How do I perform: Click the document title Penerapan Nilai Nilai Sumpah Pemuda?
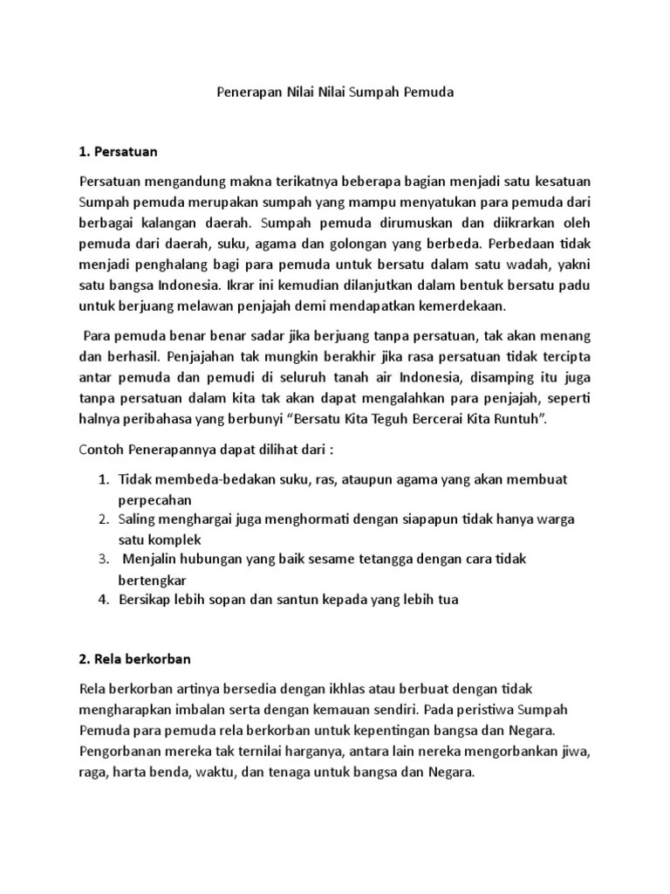click(x=335, y=91)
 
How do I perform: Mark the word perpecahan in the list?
click(x=154, y=499)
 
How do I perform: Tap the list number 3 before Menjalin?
click(x=102, y=559)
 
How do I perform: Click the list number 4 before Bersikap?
click(x=102, y=599)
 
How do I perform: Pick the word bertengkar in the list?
click(x=153, y=580)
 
